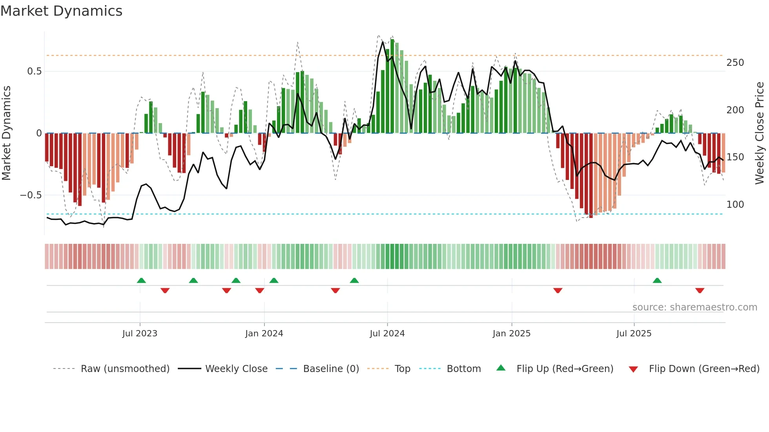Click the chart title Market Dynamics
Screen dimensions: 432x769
tap(62, 11)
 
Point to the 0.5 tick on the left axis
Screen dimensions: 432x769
tap(35, 71)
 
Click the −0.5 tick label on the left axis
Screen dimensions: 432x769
tap(31, 195)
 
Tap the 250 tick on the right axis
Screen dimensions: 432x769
tap(735, 63)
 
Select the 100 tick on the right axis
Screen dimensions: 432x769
tap(735, 205)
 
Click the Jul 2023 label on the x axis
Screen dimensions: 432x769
tap(140, 334)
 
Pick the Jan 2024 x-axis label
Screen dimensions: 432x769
tap(264, 334)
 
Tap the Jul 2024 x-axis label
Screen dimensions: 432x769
tap(387, 334)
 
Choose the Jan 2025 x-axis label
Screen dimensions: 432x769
tap(512, 334)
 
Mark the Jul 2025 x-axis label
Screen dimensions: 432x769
tap(634, 334)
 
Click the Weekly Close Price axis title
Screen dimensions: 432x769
tap(760, 133)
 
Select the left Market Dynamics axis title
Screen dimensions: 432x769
tap(6, 133)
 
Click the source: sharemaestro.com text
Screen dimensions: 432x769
tap(694, 307)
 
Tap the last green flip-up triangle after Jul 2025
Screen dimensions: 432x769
tap(657, 280)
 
